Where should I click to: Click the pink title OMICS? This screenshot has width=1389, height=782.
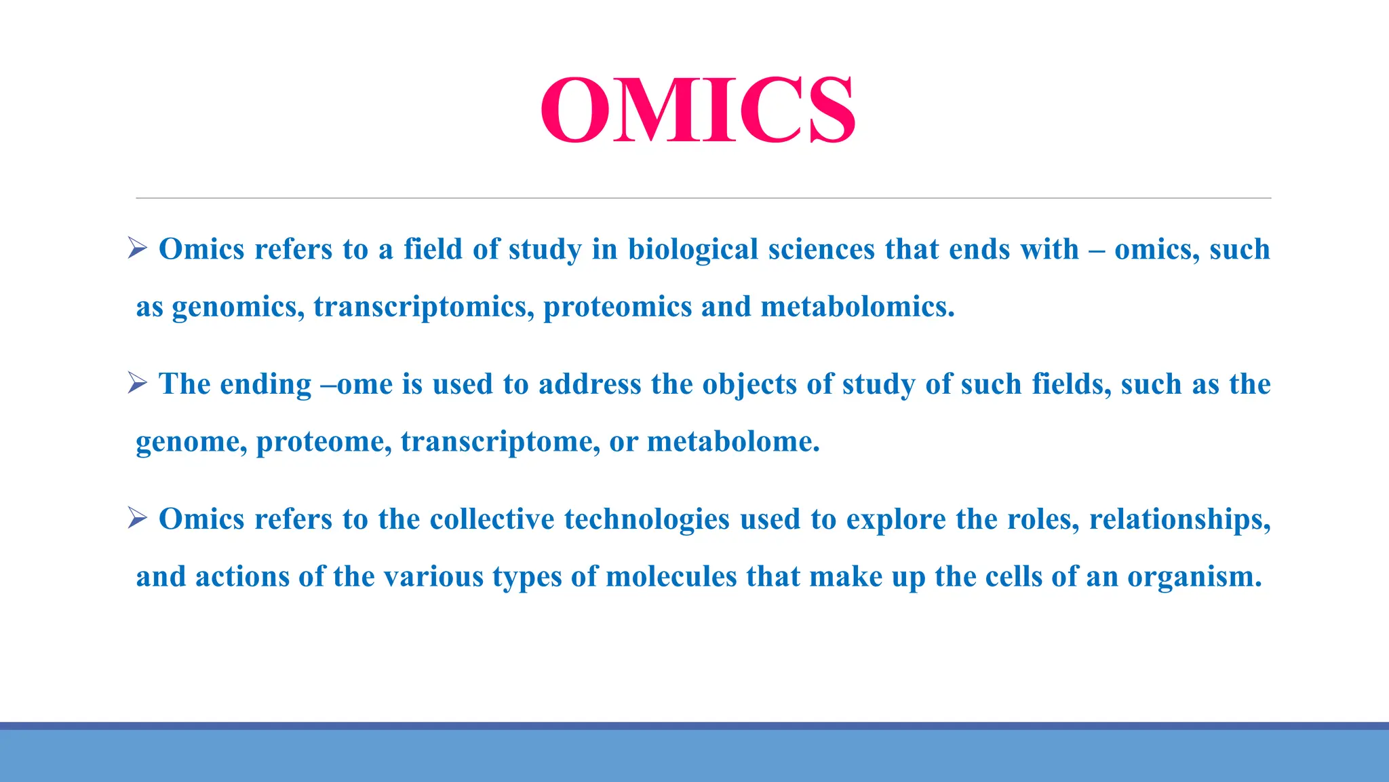click(x=698, y=110)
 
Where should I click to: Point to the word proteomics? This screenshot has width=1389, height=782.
click(x=617, y=307)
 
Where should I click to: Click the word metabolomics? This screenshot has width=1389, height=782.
click(x=857, y=307)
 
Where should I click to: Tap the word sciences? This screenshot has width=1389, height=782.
click(x=821, y=249)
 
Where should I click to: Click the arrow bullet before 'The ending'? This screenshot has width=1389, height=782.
click(x=138, y=384)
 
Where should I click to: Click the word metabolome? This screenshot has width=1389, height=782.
click(x=733, y=442)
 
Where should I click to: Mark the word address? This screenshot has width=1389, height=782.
click(x=589, y=384)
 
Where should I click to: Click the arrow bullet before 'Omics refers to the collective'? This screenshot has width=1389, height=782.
click(x=138, y=519)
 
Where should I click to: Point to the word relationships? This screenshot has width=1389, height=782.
click(x=1179, y=519)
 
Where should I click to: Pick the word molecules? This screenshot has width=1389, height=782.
click(x=671, y=577)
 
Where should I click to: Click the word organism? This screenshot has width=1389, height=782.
click(x=1194, y=577)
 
